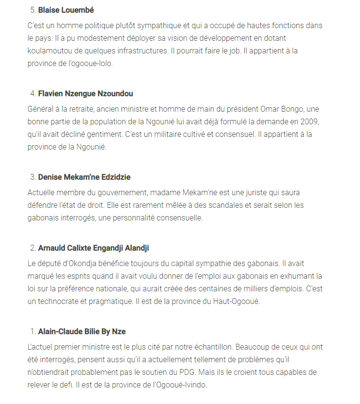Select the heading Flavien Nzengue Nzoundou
[86, 93]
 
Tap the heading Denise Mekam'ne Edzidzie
[85, 177]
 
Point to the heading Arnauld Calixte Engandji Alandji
[93, 248]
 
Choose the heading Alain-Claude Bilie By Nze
[82, 331]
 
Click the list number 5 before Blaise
[33, 10]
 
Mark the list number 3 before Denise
[33, 177]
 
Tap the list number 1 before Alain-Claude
[33, 331]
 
